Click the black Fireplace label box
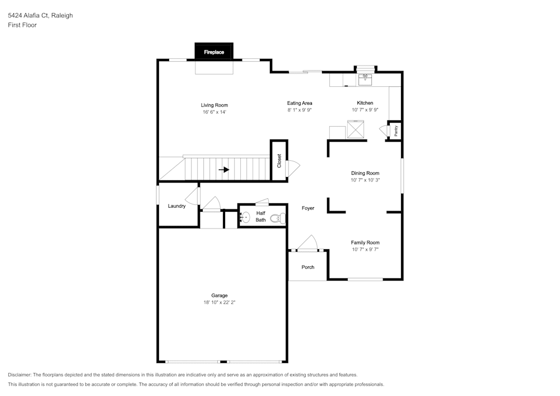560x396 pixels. coord(214,52)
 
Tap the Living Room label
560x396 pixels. coord(214,105)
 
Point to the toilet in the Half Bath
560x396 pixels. coord(276,218)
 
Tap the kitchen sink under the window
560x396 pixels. coord(365,79)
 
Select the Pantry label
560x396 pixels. coord(396,131)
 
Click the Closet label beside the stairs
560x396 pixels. coord(279,161)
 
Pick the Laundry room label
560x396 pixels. coord(177,206)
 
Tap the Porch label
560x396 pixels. coord(308,267)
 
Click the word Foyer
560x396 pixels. coord(308,208)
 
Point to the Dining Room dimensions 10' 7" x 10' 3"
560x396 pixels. coord(365,180)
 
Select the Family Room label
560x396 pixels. coord(365,243)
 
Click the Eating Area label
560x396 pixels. coord(300,103)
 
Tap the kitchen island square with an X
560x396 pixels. coord(356,130)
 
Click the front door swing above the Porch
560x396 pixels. coord(309,244)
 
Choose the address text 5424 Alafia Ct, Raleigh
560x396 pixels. coord(40,16)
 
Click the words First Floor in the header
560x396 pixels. coord(22,25)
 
